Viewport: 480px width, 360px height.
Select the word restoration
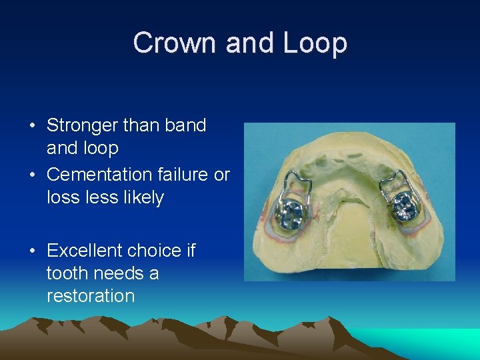(91, 296)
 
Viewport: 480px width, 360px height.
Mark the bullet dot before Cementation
(32, 175)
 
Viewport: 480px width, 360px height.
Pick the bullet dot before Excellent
(32, 251)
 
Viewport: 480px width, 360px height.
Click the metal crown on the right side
(404, 209)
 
